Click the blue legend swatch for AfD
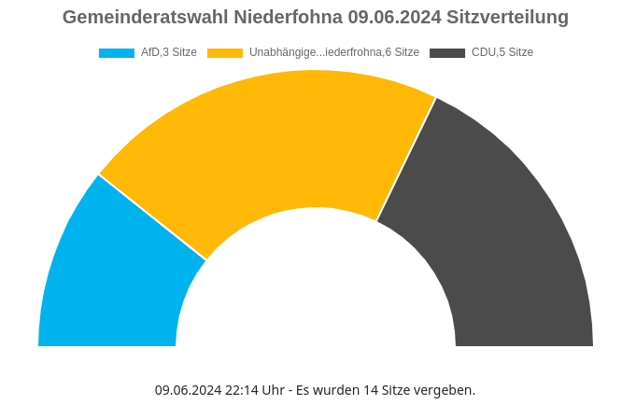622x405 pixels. [117, 53]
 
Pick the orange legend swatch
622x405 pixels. [225, 53]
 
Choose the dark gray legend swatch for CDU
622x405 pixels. [447, 53]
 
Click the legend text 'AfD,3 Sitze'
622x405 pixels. [169, 53]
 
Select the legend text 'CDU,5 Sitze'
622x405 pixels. [502, 53]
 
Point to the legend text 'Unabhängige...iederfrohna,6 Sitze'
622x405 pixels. [334, 53]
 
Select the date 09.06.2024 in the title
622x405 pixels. [395, 18]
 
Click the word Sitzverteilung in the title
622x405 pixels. [508, 18]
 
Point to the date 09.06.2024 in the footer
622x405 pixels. [188, 390]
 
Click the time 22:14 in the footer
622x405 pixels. [242, 390]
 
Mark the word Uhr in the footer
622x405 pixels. [273, 390]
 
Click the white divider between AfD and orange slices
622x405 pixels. [152, 217]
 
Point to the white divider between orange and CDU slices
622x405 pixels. [406, 159]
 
